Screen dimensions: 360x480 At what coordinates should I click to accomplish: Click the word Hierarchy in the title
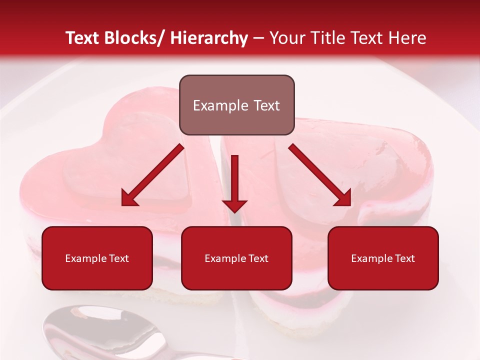point(209,38)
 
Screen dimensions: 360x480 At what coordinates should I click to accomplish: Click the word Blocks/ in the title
point(136,38)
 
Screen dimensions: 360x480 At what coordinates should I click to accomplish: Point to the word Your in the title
point(286,38)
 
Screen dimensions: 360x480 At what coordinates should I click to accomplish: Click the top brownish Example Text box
point(236,105)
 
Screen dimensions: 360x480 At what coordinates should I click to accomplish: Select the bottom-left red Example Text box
point(97,258)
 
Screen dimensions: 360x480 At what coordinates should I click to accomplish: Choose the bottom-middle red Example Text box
point(236,258)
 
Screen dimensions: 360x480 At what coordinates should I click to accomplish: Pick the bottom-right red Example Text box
point(383,258)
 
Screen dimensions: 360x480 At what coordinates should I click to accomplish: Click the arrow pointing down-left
point(152,175)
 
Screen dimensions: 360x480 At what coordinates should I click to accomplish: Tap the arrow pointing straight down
point(234,182)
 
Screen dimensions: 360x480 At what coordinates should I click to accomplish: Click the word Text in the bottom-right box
point(404,258)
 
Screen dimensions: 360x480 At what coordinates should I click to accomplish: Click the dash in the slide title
point(258,38)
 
